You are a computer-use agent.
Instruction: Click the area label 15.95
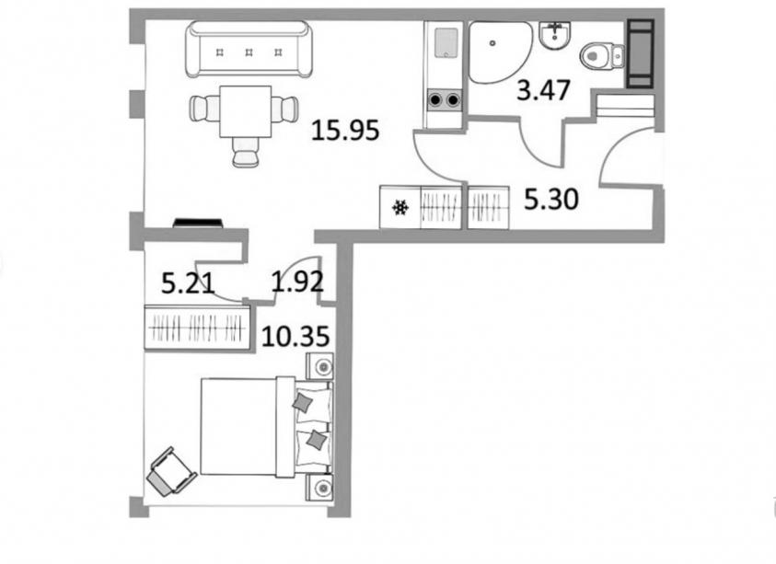345,131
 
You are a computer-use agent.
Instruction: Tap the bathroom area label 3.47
543,90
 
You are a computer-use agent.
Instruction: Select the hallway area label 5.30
550,200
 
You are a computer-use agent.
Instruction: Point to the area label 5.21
189,284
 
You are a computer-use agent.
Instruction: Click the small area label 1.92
297,281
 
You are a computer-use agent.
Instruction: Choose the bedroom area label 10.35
295,337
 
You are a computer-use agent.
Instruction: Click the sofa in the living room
249,49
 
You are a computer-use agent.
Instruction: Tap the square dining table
246,112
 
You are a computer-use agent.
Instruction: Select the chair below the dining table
246,152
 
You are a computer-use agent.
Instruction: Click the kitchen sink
446,42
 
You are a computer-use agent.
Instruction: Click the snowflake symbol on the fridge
400,208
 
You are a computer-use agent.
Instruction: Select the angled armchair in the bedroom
171,471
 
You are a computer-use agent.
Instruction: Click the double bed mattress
238,427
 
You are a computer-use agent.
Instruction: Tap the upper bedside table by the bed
319,366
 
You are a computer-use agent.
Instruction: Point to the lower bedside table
319,488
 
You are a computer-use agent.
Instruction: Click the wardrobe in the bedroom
197,328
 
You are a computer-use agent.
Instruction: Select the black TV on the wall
198,224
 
